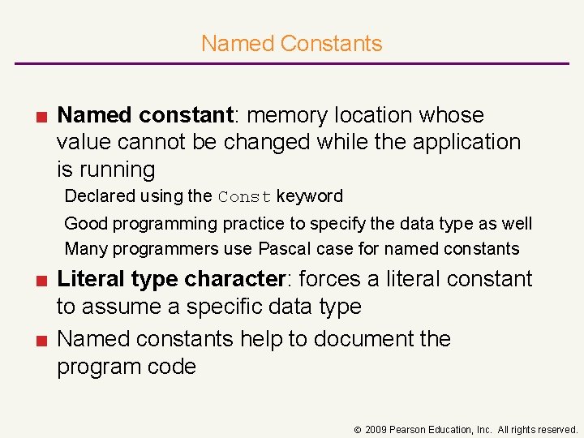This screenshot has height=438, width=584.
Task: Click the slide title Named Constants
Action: pos(291,43)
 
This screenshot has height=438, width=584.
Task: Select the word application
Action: pos(466,142)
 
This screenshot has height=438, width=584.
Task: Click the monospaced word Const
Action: pos(245,196)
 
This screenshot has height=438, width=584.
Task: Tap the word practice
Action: pos(231,223)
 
